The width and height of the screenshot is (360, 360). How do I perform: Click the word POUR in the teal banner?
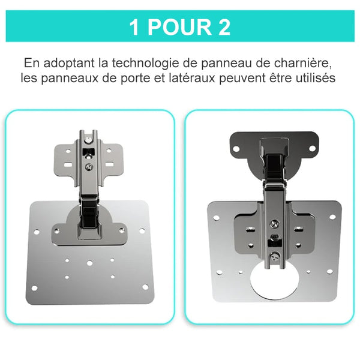(x=180, y=28)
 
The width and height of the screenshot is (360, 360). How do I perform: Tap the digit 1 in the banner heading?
(x=134, y=28)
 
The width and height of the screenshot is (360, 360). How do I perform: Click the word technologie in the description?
(x=145, y=63)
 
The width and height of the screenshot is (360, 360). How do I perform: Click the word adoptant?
(x=69, y=64)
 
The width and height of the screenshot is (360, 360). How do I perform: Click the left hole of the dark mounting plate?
(x=236, y=149)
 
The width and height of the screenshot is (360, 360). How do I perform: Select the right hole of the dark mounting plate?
(x=312, y=148)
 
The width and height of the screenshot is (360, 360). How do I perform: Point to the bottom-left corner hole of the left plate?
(x=34, y=288)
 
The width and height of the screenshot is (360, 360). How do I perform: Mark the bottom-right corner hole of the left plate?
(x=145, y=287)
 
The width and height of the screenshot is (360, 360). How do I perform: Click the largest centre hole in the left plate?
(x=90, y=263)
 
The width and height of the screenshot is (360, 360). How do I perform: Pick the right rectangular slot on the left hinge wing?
(x=109, y=164)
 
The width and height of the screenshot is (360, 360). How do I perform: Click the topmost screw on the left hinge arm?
(x=88, y=140)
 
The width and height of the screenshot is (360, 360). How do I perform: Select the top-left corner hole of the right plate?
(x=216, y=218)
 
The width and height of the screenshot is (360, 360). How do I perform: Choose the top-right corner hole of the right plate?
(x=332, y=217)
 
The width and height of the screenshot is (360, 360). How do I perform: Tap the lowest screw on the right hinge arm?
(x=275, y=256)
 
